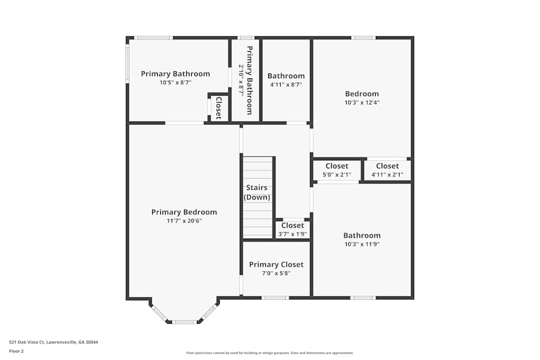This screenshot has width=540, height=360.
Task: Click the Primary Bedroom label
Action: pyautogui.click(x=184, y=212)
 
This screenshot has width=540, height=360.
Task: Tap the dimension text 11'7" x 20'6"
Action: pyautogui.click(x=184, y=221)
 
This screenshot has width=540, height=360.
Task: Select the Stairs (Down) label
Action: pyautogui.click(x=257, y=192)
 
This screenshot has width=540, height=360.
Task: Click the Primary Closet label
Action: pyautogui.click(x=276, y=264)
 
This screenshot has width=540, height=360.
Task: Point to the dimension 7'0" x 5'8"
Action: pyautogui.click(x=276, y=273)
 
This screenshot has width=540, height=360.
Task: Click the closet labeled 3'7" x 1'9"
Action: pyautogui.click(x=292, y=229)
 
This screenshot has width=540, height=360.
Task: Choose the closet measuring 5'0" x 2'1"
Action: pyautogui.click(x=337, y=170)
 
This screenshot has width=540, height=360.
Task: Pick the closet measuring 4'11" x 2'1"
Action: pyautogui.click(x=387, y=170)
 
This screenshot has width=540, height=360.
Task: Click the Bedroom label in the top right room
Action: pyautogui.click(x=362, y=94)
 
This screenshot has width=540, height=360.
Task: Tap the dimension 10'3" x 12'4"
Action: pyautogui.click(x=362, y=103)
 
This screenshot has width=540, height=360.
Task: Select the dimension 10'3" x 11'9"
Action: pyautogui.click(x=362, y=244)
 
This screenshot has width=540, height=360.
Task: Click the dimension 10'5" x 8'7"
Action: pyautogui.click(x=175, y=83)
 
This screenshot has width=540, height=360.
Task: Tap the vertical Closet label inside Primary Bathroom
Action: pyautogui.click(x=218, y=107)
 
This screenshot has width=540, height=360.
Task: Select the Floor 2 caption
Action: pyautogui.click(x=16, y=351)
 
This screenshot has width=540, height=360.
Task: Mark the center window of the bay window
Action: pyautogui.click(x=184, y=322)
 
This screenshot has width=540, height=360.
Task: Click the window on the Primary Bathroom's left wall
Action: pyautogui.click(x=127, y=63)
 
